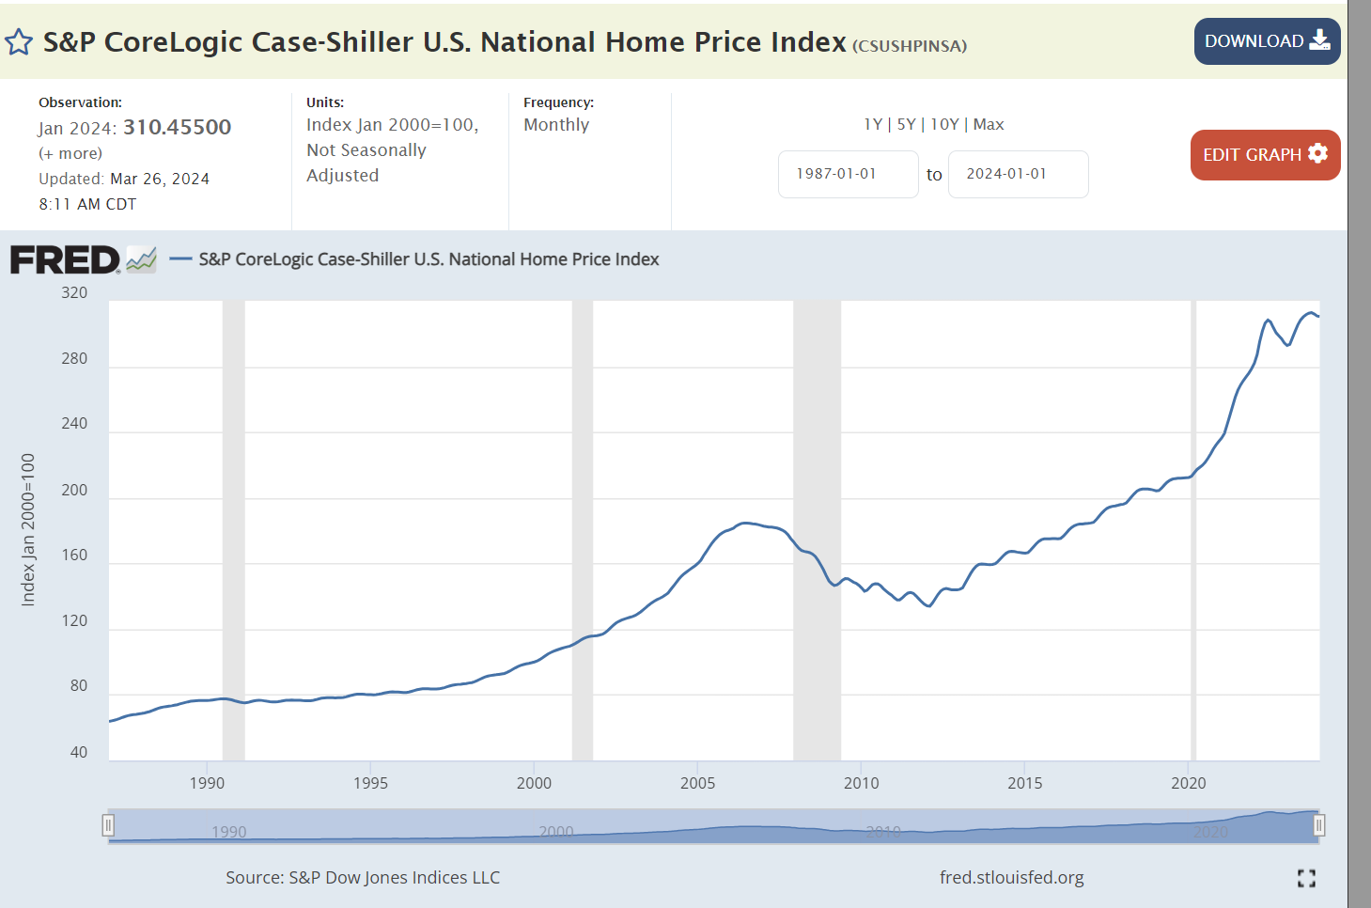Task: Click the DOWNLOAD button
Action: click(x=1266, y=41)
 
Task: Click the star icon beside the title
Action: click(x=19, y=42)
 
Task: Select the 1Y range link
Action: click(x=873, y=124)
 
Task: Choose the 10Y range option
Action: click(x=944, y=124)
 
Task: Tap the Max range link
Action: click(x=989, y=124)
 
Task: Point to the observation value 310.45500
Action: click(x=177, y=127)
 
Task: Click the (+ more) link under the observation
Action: click(x=70, y=153)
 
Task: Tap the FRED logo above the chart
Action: click(x=65, y=259)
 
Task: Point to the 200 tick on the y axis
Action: click(x=74, y=490)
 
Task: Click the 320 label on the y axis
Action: click(x=74, y=292)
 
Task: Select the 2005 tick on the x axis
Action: click(x=697, y=783)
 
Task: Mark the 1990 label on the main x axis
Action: click(x=207, y=783)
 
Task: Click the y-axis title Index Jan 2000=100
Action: click(x=28, y=529)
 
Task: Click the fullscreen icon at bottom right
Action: click(x=1306, y=878)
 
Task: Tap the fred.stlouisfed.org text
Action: click(x=1011, y=877)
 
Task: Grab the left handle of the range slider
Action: click(x=108, y=825)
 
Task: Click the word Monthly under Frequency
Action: click(x=556, y=125)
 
